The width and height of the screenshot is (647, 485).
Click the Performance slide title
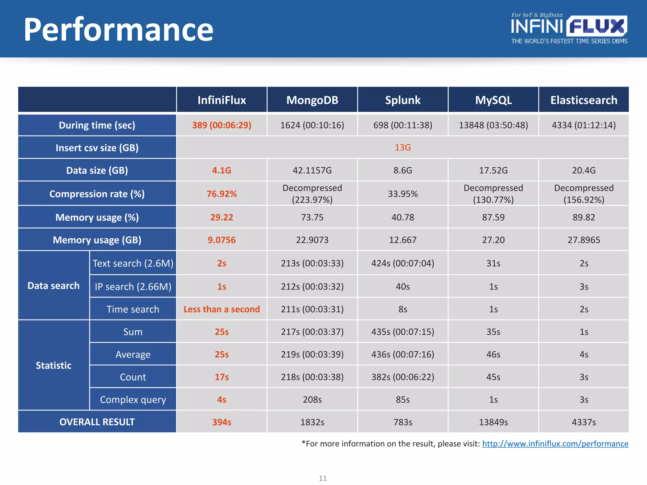[x=118, y=30]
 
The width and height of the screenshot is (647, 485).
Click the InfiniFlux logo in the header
[x=569, y=28]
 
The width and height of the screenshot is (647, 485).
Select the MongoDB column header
[x=312, y=100]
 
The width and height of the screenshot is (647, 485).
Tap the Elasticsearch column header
[x=584, y=100]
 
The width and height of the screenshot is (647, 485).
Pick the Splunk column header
[x=402, y=100]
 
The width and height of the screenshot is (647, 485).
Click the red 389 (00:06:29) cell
[x=221, y=125]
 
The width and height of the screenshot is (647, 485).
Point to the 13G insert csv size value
[x=402, y=147]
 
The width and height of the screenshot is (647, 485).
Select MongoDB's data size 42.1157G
[x=312, y=171]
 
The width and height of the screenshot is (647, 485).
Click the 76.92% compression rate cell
[x=221, y=194]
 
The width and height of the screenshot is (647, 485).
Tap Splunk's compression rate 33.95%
[x=402, y=194]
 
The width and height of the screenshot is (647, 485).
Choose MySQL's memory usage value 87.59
[x=493, y=217]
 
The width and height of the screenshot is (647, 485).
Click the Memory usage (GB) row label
[x=97, y=240]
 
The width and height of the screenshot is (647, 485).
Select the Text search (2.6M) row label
[x=133, y=263]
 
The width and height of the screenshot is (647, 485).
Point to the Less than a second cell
[x=221, y=309]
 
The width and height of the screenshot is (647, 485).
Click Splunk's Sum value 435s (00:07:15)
[x=402, y=332]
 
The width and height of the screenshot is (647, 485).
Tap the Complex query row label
[x=133, y=399]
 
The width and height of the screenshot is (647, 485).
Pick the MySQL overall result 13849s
[x=493, y=422]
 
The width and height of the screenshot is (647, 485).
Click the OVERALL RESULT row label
[x=97, y=422]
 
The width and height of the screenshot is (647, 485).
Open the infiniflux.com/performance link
[x=555, y=444]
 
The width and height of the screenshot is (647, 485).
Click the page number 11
[x=323, y=478]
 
